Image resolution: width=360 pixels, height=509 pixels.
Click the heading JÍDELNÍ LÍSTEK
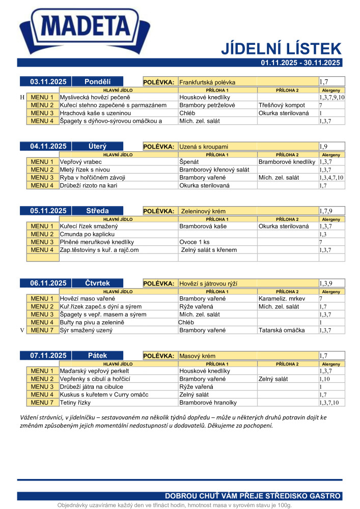coord(281,48)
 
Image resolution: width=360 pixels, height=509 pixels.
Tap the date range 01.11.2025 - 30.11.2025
coord(300,63)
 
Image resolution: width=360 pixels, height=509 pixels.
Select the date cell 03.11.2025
coord(45,81)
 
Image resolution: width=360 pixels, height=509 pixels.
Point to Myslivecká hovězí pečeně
coord(95,97)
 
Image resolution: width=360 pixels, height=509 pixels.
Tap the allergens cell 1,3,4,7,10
coord(331,178)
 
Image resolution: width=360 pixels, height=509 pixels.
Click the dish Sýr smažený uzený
coord(86,330)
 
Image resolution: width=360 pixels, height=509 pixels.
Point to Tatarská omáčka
coord(282,330)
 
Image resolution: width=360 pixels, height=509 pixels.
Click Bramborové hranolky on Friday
coord(208,403)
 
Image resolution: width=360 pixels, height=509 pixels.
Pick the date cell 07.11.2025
coord(45,355)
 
